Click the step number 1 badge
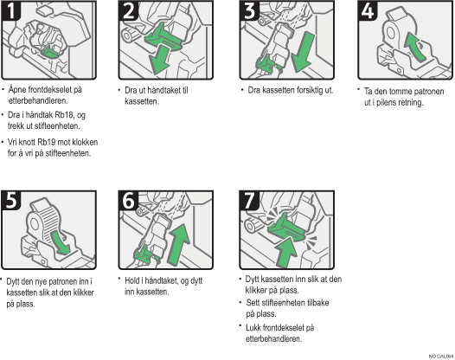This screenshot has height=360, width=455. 10,10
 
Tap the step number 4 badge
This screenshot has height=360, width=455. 368,10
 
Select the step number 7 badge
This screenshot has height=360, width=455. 249,200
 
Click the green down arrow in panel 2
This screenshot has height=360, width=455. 159,61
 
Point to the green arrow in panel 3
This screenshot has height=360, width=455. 303,52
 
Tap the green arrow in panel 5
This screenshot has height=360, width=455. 61,242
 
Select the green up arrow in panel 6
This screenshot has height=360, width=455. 179,244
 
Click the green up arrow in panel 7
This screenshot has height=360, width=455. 286,252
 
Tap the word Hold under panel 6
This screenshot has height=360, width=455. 132,280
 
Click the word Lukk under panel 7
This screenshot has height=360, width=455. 253,327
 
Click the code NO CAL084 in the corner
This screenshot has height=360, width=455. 441,357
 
